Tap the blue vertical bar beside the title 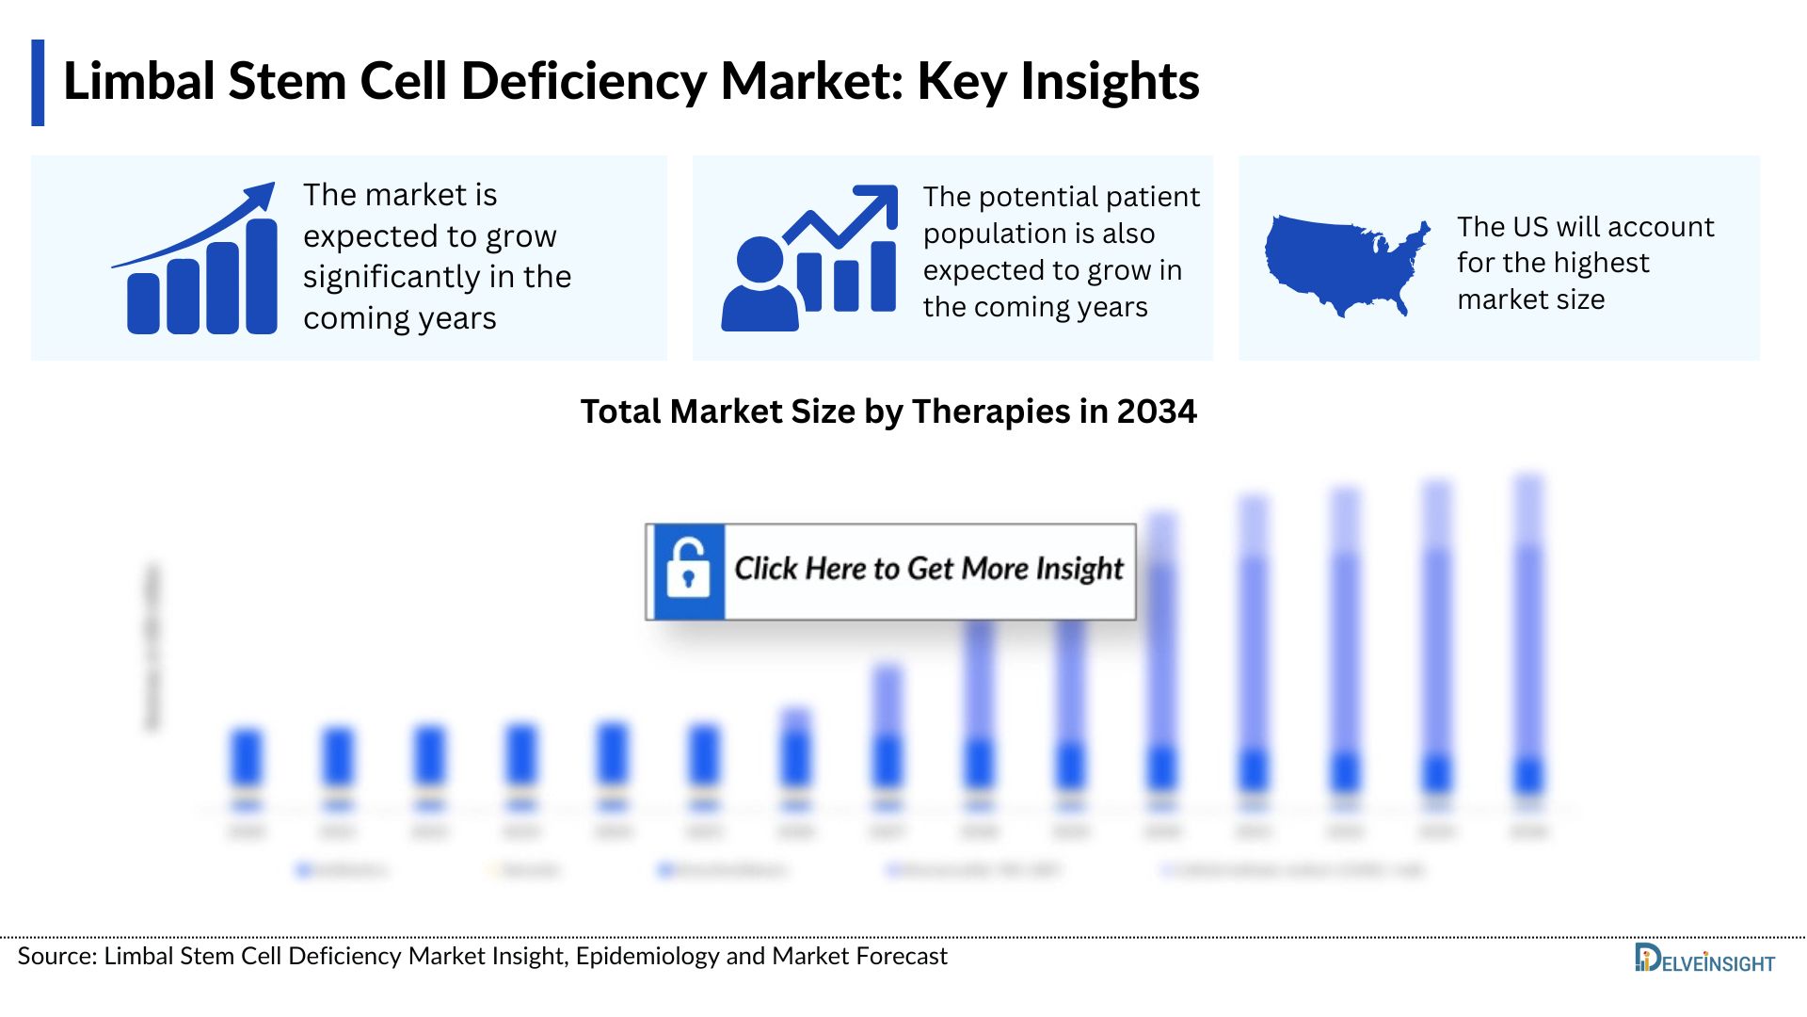38,83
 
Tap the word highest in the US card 1604,263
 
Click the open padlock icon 688,571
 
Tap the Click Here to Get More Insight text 928,569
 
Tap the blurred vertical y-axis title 152,646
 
